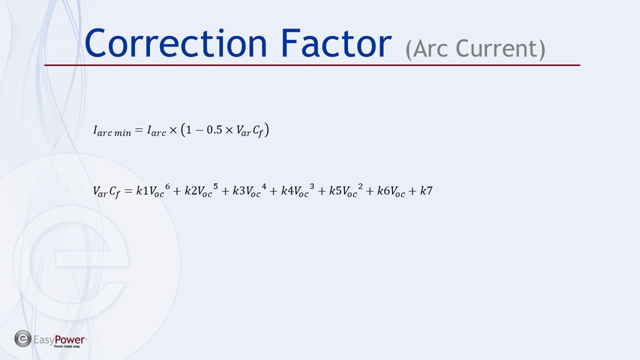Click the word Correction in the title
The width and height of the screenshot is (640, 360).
(x=175, y=43)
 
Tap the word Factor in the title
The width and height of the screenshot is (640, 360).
(x=336, y=43)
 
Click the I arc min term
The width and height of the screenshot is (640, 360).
(x=112, y=131)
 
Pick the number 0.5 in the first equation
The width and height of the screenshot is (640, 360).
(x=214, y=130)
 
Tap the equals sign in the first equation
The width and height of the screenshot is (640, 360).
(x=139, y=130)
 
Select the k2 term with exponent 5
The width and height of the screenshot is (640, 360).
(x=201, y=190)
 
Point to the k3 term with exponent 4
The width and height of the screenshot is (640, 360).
(x=249, y=190)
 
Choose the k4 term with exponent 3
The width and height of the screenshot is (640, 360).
(x=298, y=190)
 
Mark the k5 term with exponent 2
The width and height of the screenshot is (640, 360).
(x=346, y=190)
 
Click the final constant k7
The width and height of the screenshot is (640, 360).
(x=426, y=190)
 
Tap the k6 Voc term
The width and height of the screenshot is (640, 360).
(x=391, y=191)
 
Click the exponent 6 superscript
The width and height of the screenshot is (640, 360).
(x=167, y=186)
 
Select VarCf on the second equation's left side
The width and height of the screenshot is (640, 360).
(x=106, y=191)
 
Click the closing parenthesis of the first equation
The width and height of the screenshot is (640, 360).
(x=266, y=130)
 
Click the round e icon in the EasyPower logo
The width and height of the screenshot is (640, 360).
(x=23, y=339)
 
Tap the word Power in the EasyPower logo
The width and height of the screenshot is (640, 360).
(x=69, y=340)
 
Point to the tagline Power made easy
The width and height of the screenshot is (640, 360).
(x=67, y=346)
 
